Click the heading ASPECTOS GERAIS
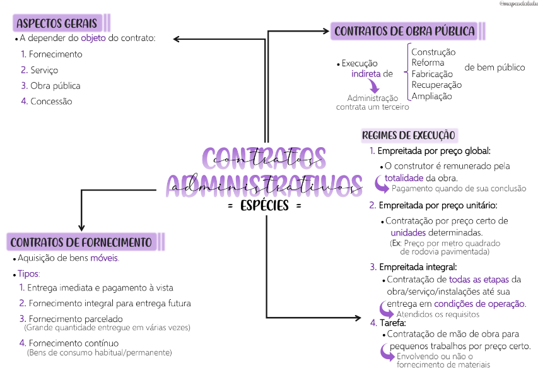pyautogui.click(x=57, y=24)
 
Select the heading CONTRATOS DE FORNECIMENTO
pyautogui.click(x=81, y=242)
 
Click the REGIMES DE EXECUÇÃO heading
pyautogui.click(x=408, y=135)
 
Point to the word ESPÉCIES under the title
pyautogui.click(x=264, y=206)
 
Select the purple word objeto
pyautogui.click(x=93, y=39)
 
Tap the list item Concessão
pyautogui.click(x=51, y=101)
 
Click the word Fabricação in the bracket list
pyautogui.click(x=433, y=74)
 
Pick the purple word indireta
pyautogui.click(x=366, y=74)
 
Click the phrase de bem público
pyautogui.click(x=494, y=68)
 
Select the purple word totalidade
pyautogui.click(x=404, y=178)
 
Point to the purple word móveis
pyautogui.click(x=104, y=258)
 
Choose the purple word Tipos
pyautogui.click(x=28, y=274)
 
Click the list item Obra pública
pyautogui.click(x=56, y=85)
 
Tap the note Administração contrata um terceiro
pyautogui.click(x=372, y=102)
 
